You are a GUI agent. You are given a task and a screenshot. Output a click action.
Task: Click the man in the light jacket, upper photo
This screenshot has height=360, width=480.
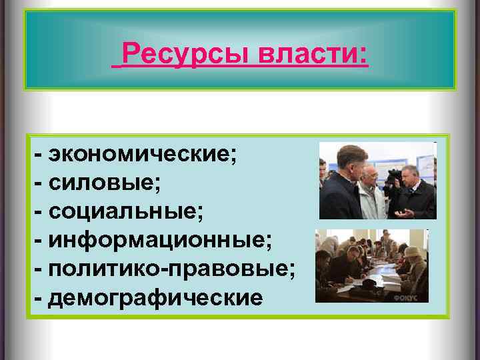[x=369, y=197]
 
